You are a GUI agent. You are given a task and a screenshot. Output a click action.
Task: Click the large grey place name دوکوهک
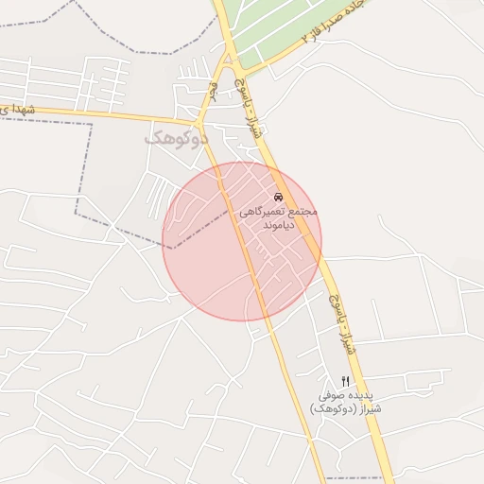pos(176,139)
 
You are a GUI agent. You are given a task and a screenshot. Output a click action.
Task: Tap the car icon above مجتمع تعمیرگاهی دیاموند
pos(277,198)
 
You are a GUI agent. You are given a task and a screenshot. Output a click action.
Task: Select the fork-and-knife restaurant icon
pos(345,379)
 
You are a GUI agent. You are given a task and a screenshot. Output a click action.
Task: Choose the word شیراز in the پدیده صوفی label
pos(372,408)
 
